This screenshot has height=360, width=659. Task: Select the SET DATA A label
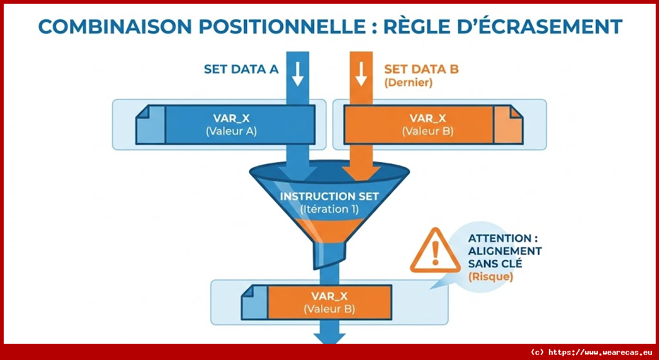coord(241,70)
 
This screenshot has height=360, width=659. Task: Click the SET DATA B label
coord(421,70)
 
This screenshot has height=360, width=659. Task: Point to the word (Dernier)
coord(408,83)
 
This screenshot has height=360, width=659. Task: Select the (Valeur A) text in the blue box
coord(231,131)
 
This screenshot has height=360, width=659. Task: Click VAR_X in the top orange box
coord(427,118)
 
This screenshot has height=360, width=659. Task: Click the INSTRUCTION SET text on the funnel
coord(329,196)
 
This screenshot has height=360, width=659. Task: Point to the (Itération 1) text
coord(329,209)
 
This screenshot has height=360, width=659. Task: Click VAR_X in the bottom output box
coord(329,296)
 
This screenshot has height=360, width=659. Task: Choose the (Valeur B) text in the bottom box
coord(329,309)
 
